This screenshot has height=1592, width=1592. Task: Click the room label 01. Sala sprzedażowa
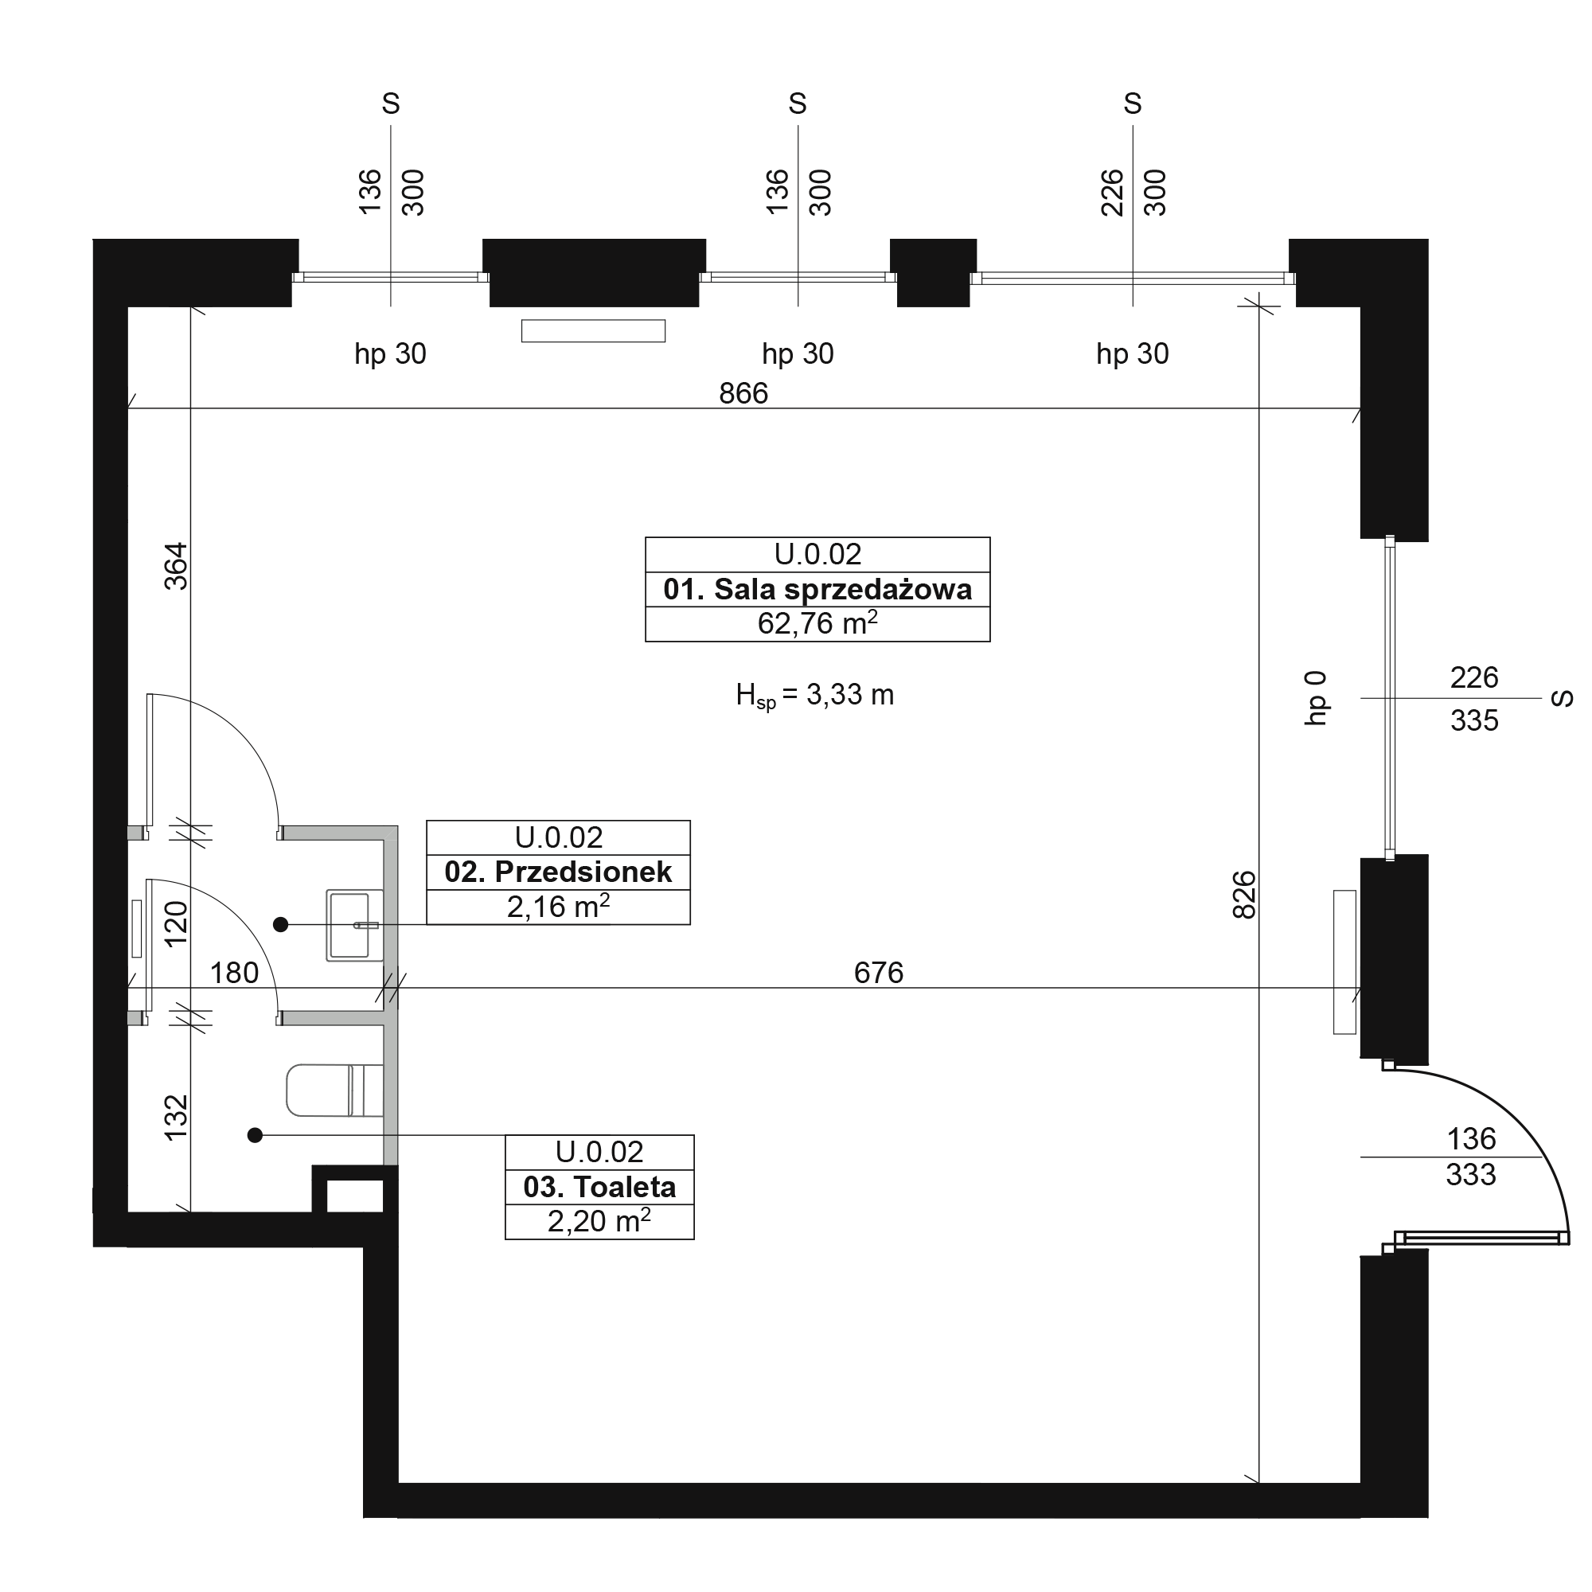point(817,590)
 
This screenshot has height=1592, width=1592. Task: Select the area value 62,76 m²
point(817,624)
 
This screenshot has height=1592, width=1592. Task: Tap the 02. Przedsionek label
point(558,872)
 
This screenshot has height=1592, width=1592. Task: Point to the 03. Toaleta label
point(599,1188)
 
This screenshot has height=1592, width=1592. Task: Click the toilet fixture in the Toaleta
point(334,1091)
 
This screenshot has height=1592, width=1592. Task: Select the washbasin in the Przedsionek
point(355,926)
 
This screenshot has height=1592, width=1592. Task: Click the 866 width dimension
point(743,394)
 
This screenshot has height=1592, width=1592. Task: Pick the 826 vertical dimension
point(1243,895)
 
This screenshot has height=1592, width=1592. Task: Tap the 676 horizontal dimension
point(879,974)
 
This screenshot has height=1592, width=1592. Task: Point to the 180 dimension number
point(234,974)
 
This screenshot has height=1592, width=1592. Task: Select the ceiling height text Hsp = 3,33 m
point(815,696)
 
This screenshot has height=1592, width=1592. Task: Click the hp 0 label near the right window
point(1317,698)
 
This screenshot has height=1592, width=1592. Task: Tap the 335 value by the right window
point(1474,721)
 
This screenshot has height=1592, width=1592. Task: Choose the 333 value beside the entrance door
point(1471,1175)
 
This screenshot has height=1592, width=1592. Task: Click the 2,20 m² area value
point(599,1221)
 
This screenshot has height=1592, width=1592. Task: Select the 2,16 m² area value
point(558,907)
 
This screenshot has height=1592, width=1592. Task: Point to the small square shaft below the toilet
point(355,1196)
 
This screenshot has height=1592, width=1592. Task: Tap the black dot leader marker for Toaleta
point(256,1136)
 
